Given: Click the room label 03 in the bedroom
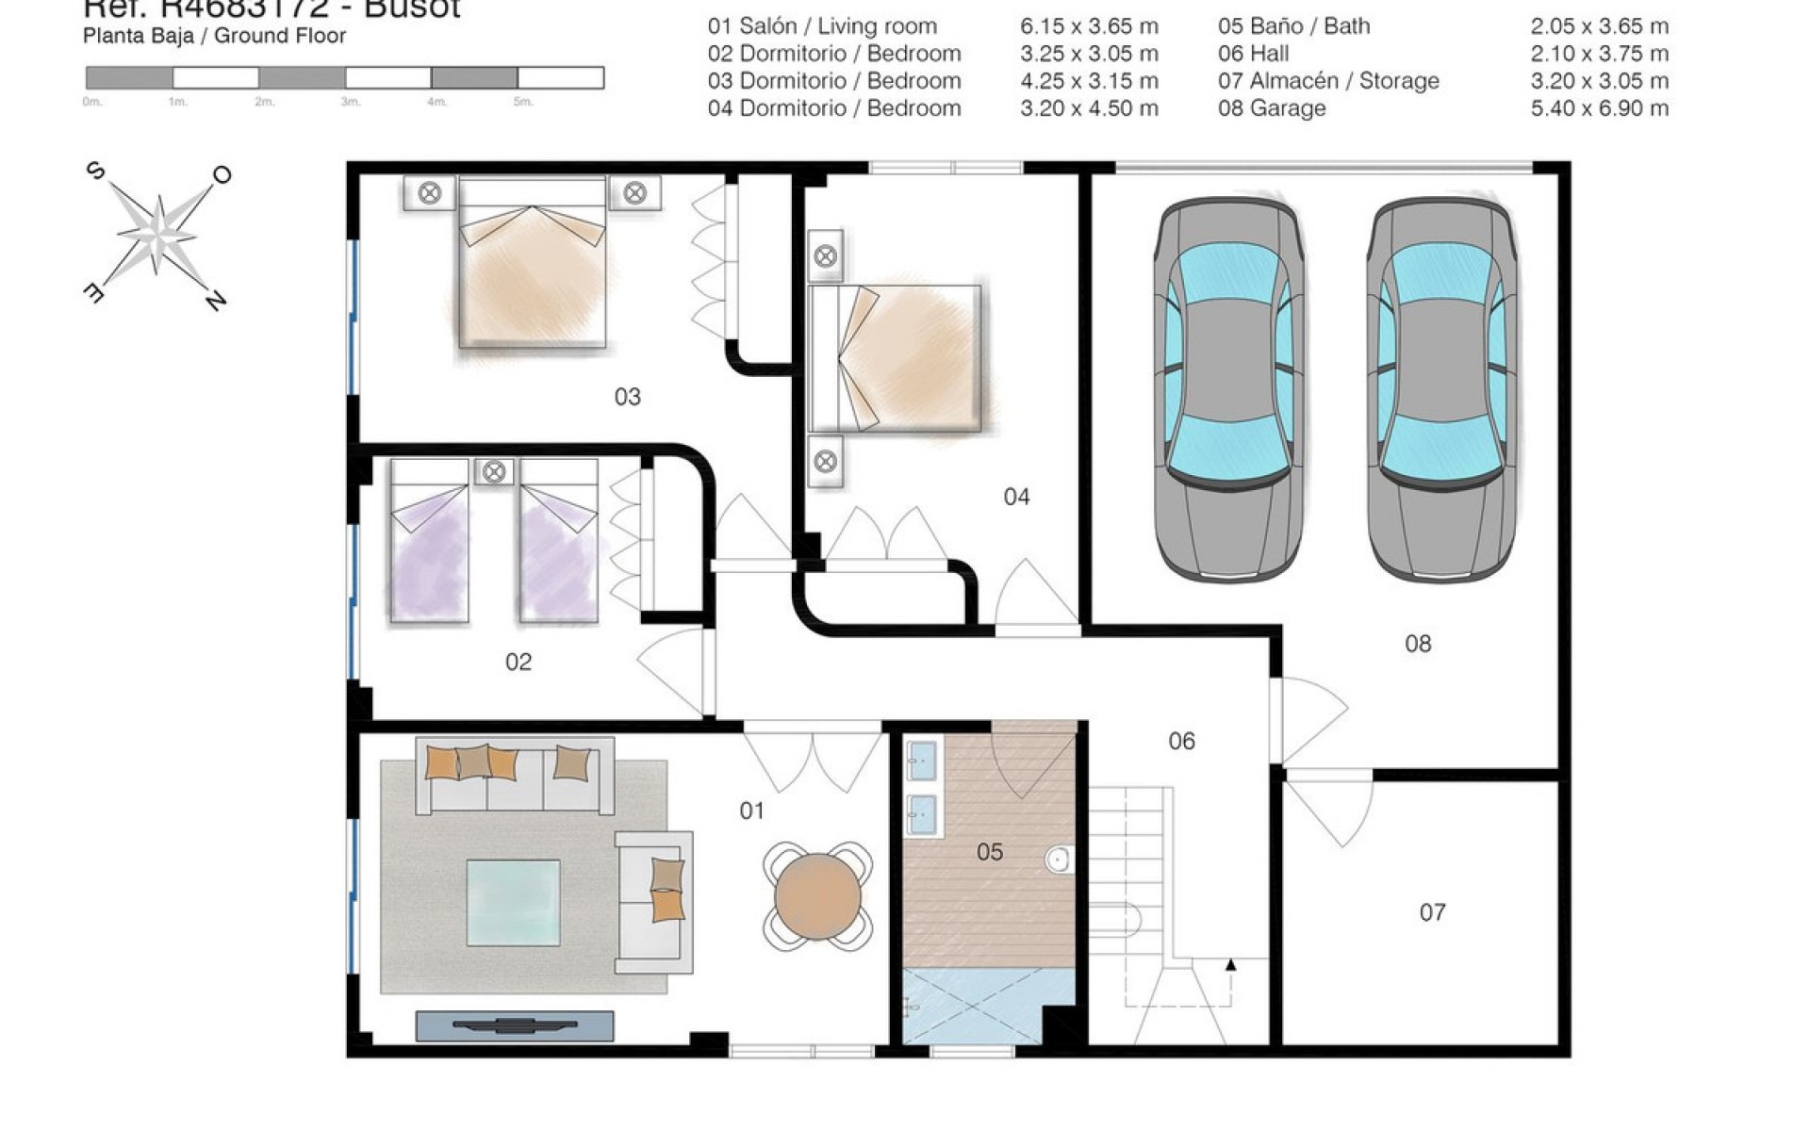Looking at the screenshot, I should pos(627,397).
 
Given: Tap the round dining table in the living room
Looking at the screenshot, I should pos(817,895).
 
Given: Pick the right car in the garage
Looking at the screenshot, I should pos(1441,388).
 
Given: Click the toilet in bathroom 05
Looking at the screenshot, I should pos(1060,859).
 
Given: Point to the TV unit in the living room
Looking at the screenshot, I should pos(515,1024).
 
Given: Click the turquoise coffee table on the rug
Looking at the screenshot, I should pos(514,901).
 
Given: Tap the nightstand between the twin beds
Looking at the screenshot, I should pos(494,471).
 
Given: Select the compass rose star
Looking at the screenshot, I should pos(156,234).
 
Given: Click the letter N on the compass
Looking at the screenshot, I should pos(216,301).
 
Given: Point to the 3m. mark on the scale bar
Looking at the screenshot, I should pos(350,102).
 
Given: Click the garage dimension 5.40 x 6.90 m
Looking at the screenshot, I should pos(1599,108).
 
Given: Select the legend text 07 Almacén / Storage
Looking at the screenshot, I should pos(1327,81).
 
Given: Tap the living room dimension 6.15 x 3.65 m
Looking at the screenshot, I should pos(1089,26).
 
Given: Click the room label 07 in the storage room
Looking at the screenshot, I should pos(1432,911).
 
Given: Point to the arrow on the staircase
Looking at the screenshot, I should pos(1230,965).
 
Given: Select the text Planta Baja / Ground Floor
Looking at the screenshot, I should pos(214,37).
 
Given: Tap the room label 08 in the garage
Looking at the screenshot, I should pos(1417,644).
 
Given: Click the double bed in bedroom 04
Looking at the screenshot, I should pos(896,358).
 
